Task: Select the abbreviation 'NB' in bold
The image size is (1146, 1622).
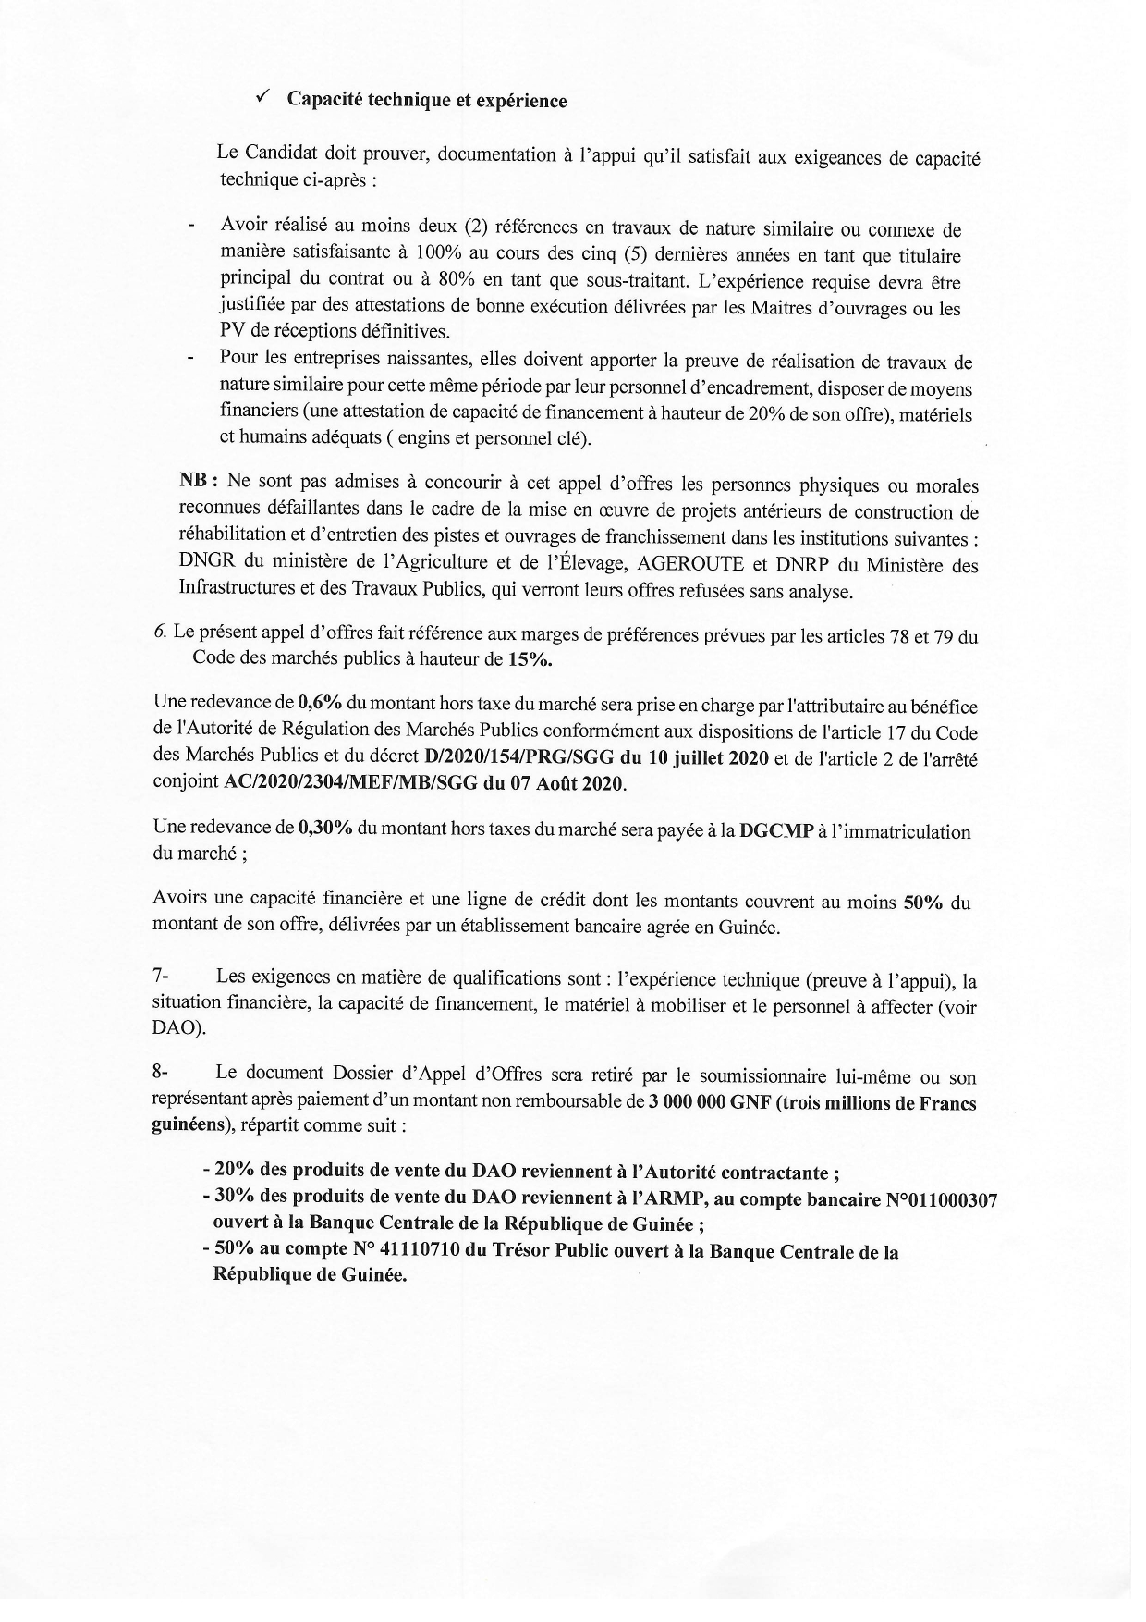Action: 196,482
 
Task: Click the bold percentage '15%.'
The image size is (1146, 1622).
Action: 530,660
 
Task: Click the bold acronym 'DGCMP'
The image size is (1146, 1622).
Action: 774,831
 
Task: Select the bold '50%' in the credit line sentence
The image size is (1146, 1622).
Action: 921,903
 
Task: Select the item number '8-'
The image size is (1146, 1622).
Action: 161,1074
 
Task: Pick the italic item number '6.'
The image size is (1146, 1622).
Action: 160,633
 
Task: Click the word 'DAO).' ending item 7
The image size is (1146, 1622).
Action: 179,1028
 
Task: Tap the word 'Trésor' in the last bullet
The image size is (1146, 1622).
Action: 517,1252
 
